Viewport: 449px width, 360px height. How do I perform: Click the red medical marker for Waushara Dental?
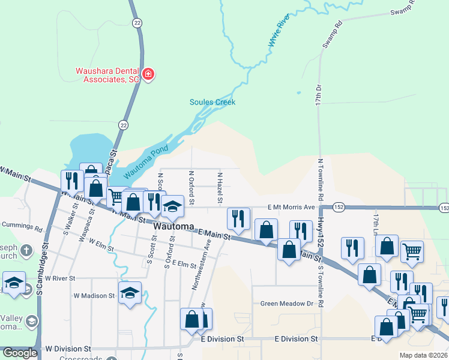(148, 75)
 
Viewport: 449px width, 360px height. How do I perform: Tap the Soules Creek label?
(212, 102)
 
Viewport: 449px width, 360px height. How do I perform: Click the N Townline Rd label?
(321, 179)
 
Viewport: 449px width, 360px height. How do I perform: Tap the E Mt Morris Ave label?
(291, 207)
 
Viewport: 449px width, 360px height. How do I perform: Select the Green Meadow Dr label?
(287, 304)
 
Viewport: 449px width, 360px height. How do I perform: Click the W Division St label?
(68, 348)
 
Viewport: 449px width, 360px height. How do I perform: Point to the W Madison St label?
(94, 296)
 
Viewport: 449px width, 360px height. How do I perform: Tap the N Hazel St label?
(220, 187)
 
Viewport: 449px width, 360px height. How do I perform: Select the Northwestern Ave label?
(200, 264)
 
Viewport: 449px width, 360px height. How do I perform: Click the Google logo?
(20, 353)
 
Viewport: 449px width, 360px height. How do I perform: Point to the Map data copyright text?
(423, 355)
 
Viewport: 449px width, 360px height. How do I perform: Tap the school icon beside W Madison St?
(130, 293)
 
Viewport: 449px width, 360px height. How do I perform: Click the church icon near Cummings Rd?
(26, 250)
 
